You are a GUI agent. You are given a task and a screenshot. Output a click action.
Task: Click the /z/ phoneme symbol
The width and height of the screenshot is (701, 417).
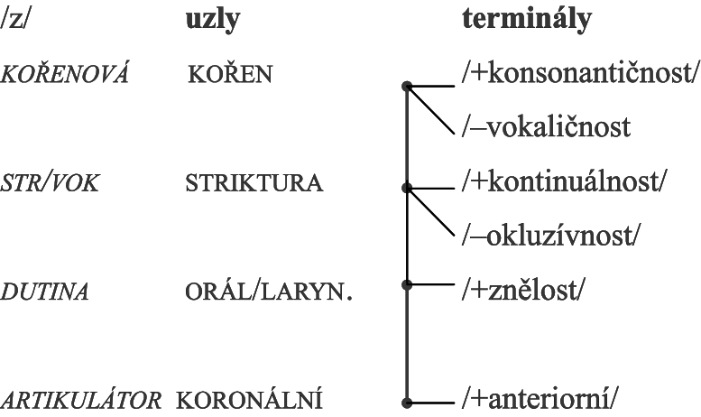coord(14,20)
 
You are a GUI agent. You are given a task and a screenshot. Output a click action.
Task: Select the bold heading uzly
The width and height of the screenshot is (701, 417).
coord(213,20)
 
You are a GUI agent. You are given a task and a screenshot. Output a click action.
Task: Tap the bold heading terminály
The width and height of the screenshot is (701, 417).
coord(527,20)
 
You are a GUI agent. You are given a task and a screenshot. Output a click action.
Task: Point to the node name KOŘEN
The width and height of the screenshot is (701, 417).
coord(230,73)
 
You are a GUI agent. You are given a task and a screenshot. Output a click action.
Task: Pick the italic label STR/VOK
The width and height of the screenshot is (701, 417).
coord(50,183)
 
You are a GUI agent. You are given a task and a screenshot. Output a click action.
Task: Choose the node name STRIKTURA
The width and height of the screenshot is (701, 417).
coord(254,183)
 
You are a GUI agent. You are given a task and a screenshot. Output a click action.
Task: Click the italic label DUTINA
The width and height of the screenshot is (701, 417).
coord(44,292)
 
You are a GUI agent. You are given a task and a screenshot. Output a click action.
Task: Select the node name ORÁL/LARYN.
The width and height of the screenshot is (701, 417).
coord(269,292)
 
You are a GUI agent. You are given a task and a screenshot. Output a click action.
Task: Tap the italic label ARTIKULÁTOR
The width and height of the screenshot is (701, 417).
coord(81,400)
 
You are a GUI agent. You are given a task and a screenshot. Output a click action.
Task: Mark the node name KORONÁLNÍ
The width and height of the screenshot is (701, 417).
coord(249,400)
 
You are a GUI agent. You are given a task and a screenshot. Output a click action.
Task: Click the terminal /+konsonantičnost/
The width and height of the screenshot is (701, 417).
coord(580,72)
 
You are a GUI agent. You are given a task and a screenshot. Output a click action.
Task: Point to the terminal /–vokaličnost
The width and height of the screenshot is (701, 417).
coord(547,127)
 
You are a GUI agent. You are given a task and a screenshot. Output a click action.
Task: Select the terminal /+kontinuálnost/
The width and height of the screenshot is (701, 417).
coord(564,181)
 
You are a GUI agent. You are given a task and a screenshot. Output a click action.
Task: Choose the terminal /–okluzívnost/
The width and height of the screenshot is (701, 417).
coord(551,236)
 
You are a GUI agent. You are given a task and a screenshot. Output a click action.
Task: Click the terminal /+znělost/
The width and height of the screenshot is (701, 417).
coord(523,290)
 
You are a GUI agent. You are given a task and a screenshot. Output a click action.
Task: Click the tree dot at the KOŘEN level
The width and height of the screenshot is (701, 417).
coord(407,86)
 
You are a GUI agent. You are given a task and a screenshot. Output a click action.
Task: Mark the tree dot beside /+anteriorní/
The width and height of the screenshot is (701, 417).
coord(407,403)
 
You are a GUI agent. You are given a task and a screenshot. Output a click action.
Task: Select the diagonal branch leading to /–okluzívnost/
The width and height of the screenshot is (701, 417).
coord(430,211)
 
